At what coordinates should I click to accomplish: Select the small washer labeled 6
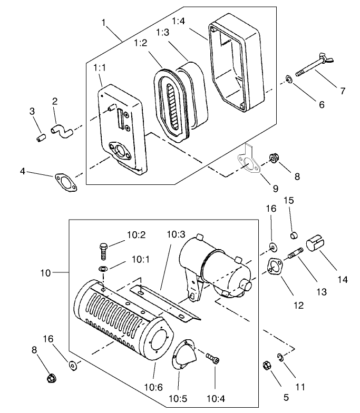289,79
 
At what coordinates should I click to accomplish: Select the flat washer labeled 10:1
103,269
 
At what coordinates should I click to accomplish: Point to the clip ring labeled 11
280,359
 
